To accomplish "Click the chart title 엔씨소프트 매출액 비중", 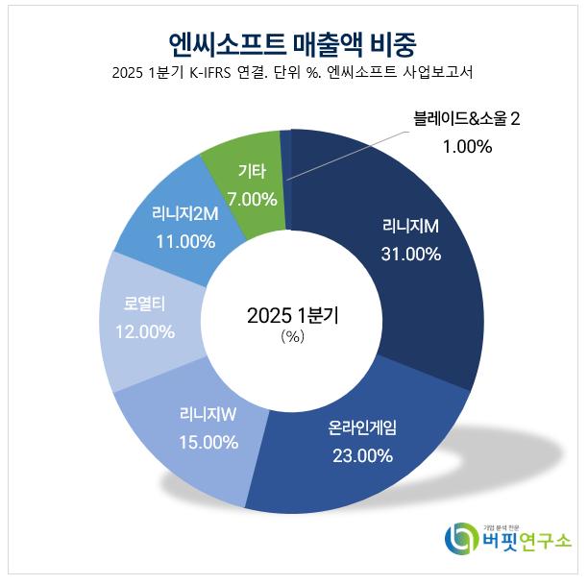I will click(x=292, y=41).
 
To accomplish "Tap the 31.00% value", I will click(x=410, y=255).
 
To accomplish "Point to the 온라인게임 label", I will click(x=356, y=428).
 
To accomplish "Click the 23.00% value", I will click(x=356, y=455).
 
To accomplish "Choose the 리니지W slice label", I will click(x=208, y=415).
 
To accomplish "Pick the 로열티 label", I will click(x=145, y=305).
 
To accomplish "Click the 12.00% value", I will click(x=143, y=332).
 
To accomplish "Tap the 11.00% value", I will click(x=184, y=241).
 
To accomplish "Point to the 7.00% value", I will click(x=252, y=200).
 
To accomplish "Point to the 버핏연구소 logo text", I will click(x=523, y=541).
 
